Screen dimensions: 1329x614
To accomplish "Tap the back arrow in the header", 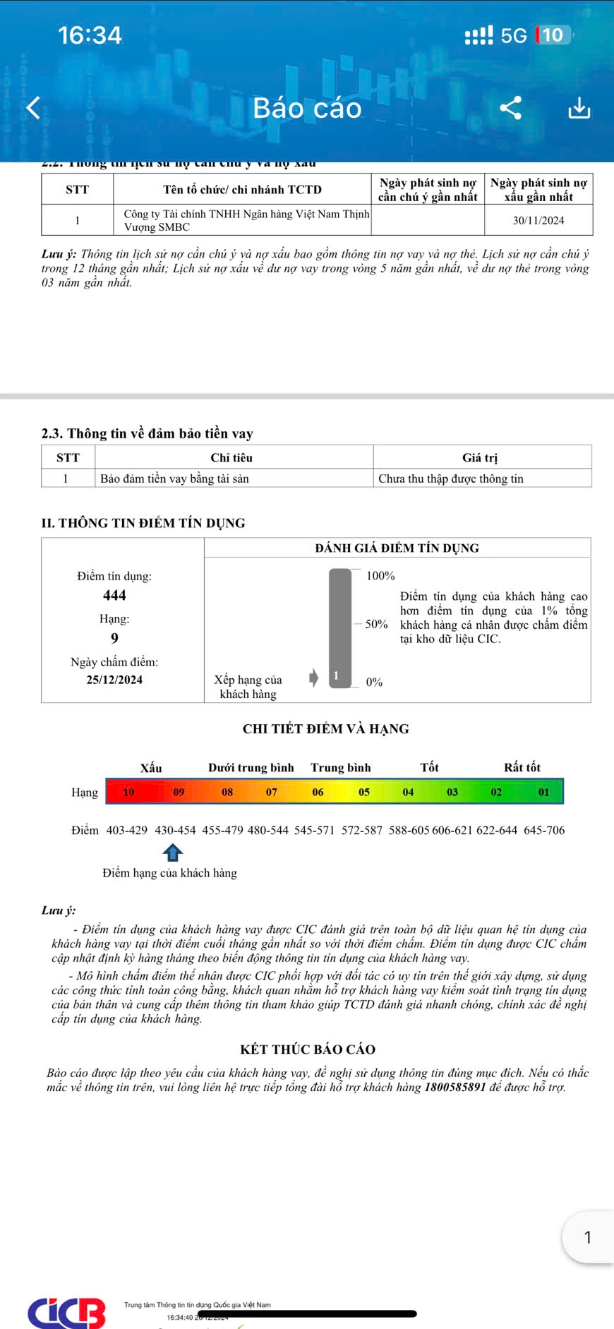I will click(x=33, y=108).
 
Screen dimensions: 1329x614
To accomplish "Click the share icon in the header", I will click(x=510, y=108).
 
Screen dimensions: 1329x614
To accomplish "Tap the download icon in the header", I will click(x=579, y=108).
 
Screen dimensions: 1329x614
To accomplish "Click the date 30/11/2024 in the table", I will click(x=538, y=220).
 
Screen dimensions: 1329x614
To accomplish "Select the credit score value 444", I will click(x=114, y=595).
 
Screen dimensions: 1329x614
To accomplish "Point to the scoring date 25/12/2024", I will click(x=114, y=680).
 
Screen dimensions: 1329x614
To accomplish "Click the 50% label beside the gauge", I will click(x=376, y=624).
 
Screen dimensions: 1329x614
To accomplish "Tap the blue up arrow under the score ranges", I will click(x=173, y=853).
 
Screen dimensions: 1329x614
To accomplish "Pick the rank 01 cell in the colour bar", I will click(x=543, y=792).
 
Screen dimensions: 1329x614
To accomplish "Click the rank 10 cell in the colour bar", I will click(x=128, y=792).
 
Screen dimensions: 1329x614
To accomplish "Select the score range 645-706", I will click(x=544, y=830).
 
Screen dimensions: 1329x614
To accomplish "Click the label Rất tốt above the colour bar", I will click(x=522, y=767).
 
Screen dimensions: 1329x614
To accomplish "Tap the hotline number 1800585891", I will click(x=455, y=1087).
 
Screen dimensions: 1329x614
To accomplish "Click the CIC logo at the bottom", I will click(x=67, y=1312).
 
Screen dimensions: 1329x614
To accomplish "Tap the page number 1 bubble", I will click(x=588, y=1237).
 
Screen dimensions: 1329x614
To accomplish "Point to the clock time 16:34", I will click(x=90, y=35).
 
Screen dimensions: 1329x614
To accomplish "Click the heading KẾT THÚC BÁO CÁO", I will click(x=308, y=1050).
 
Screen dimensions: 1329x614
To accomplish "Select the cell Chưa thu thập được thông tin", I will click(x=451, y=479).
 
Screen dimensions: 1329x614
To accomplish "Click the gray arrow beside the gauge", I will click(x=314, y=678).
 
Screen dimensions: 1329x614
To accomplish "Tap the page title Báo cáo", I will click(x=307, y=108).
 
